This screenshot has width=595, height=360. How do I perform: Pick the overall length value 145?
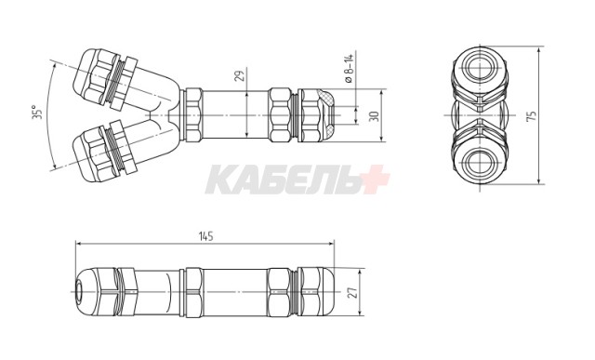205,236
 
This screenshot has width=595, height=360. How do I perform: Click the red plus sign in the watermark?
372,179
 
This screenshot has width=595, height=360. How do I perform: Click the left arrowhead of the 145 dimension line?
77,245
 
